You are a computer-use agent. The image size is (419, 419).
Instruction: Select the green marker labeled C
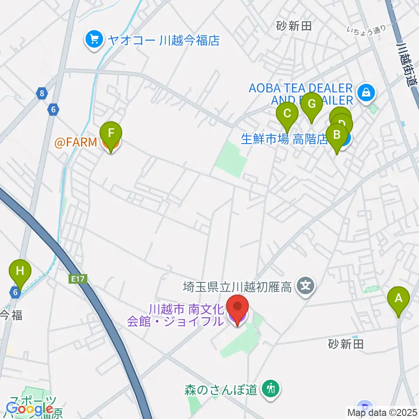coord(287,114)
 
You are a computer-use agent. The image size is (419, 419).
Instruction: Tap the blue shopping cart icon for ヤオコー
coord(94,41)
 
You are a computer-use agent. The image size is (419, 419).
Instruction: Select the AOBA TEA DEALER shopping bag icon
coord(364,92)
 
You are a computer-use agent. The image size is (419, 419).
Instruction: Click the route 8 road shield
coord(42,93)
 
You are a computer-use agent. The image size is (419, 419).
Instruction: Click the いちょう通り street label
coord(367,30)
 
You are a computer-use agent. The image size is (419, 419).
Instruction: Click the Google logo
coord(30,409)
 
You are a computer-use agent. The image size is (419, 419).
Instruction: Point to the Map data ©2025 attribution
coord(382,412)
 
